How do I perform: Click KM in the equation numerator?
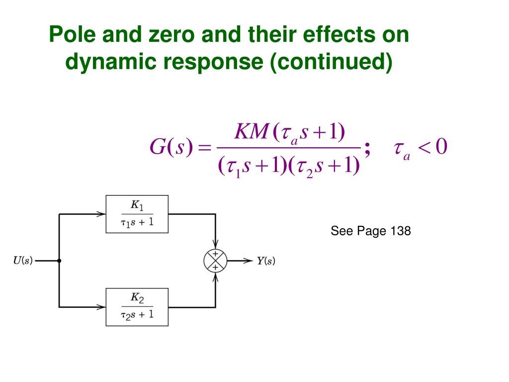[252, 132]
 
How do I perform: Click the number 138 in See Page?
[401, 231]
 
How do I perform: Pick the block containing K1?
[137, 214]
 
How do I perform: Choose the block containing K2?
[137, 307]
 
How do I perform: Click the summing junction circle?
[215, 261]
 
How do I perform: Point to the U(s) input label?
[23, 261]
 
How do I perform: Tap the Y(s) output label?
[266, 261]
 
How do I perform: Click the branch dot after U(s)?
[60, 261]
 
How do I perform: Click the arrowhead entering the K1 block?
[102, 214]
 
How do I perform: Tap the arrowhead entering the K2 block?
[102, 307]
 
